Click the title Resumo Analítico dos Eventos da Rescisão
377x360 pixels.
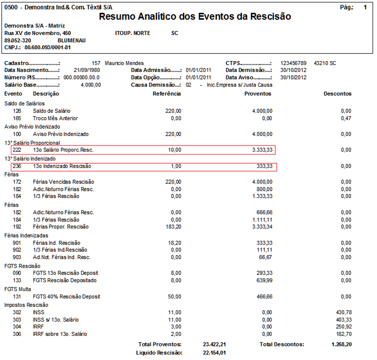tap(195, 17)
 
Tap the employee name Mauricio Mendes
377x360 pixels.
tap(124, 63)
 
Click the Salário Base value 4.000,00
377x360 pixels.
tap(90, 85)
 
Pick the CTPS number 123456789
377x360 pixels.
tap(293, 63)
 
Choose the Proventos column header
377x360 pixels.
tap(258, 93)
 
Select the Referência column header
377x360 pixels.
tap(167, 93)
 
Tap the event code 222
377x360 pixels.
tap(17, 150)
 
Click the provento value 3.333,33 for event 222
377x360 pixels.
tap(261, 150)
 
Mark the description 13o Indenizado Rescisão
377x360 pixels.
tap(62, 166)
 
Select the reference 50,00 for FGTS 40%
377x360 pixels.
tap(174, 297)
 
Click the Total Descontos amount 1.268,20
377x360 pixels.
tap(342, 344)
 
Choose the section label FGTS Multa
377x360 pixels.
tap(18, 289)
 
